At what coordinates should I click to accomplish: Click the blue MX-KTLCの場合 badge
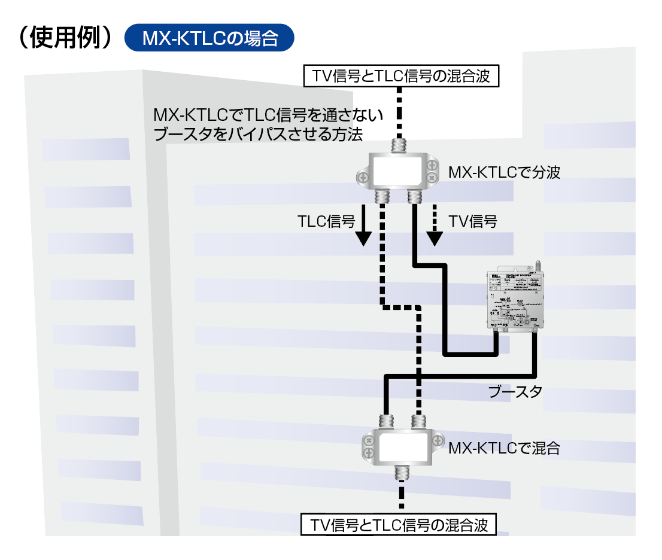[x=209, y=38]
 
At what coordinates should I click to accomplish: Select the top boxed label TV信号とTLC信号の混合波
[x=401, y=77]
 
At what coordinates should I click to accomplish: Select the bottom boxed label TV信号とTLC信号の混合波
[x=399, y=525]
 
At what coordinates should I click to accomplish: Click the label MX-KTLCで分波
[x=504, y=173]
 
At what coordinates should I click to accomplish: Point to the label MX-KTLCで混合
[x=504, y=448]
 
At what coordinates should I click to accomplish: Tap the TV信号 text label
[x=473, y=221]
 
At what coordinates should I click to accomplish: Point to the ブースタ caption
[x=515, y=392]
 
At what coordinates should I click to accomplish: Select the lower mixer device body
[x=399, y=446]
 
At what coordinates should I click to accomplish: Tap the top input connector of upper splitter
[x=399, y=145]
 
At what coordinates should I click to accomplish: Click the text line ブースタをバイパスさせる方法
[x=259, y=135]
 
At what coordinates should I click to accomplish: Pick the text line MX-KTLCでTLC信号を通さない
[x=268, y=114]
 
